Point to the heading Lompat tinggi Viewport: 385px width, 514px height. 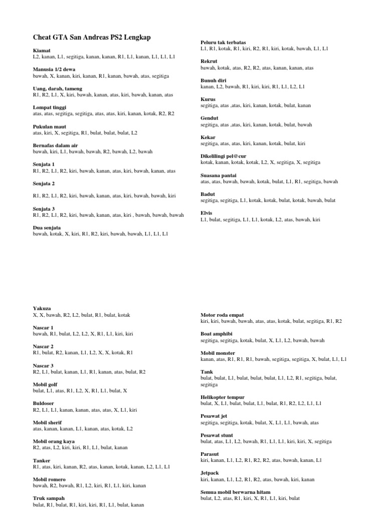point(50,107)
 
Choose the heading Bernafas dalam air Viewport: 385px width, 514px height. point(56,145)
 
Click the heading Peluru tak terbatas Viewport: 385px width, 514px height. point(223,43)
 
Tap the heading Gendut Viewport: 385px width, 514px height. point(210,118)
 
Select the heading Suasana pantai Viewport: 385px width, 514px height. point(219,175)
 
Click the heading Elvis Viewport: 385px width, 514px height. point(207,213)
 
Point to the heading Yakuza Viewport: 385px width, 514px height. point(42,308)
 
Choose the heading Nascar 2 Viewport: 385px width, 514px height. point(43,346)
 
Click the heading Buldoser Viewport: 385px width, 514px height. point(44,403)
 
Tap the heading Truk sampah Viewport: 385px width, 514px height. point(49,498)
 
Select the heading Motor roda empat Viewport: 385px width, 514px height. point(222,314)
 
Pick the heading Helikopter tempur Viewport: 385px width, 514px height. point(223,397)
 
